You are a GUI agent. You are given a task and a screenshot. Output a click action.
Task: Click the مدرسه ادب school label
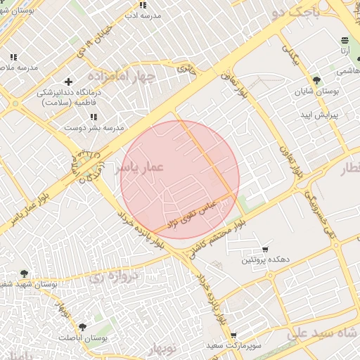143,15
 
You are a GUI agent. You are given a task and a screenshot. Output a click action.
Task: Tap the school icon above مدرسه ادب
143,5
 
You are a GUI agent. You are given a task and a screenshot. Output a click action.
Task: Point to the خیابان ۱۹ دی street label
94,43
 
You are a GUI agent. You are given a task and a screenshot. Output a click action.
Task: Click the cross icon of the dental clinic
67,82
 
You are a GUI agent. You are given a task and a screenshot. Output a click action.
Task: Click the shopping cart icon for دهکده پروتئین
265,250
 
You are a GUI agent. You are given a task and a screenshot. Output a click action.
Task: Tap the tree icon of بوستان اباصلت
83,328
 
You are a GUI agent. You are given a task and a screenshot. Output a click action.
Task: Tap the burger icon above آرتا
345,41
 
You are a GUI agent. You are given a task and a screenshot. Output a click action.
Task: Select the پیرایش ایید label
320,114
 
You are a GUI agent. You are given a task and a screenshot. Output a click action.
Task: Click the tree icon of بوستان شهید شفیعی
25,273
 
